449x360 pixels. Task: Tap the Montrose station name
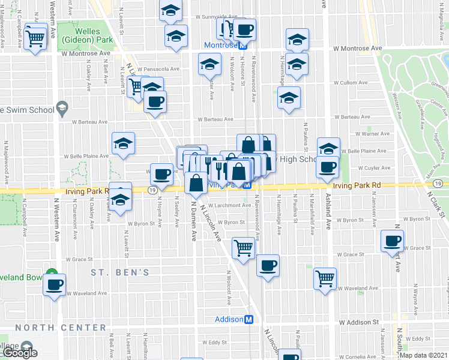(x=221, y=46)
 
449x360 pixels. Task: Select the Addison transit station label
(x=229, y=320)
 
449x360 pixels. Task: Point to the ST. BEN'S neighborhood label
(x=120, y=273)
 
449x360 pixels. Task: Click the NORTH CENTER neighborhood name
(x=61, y=328)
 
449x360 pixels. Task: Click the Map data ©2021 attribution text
(x=423, y=355)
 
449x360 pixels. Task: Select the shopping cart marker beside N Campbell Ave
(x=35, y=38)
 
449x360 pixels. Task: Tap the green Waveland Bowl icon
(x=52, y=273)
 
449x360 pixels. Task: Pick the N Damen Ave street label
(x=193, y=221)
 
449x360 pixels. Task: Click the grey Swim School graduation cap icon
(x=61, y=109)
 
